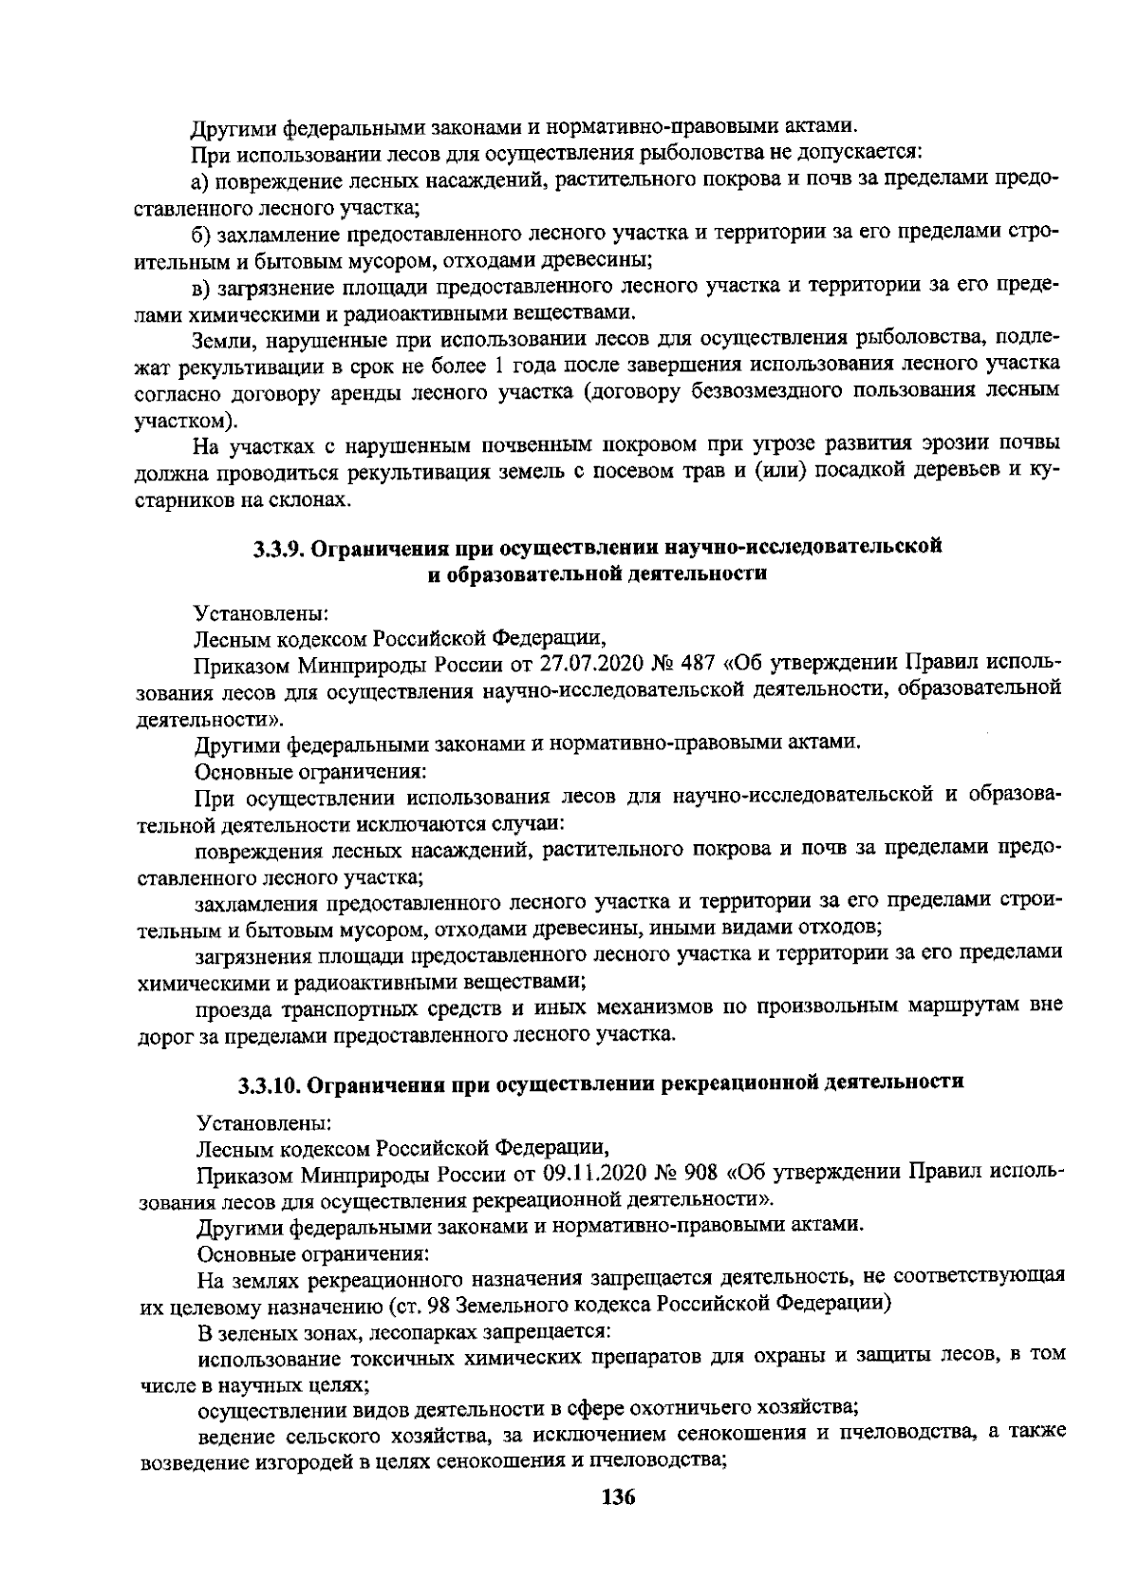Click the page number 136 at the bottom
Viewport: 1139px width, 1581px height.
pyautogui.click(x=616, y=1498)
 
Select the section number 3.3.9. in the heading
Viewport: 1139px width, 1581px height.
pyautogui.click(x=281, y=549)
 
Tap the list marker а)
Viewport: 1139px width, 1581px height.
pyautogui.click(x=204, y=180)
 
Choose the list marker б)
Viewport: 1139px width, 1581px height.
pyautogui.click(x=204, y=234)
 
